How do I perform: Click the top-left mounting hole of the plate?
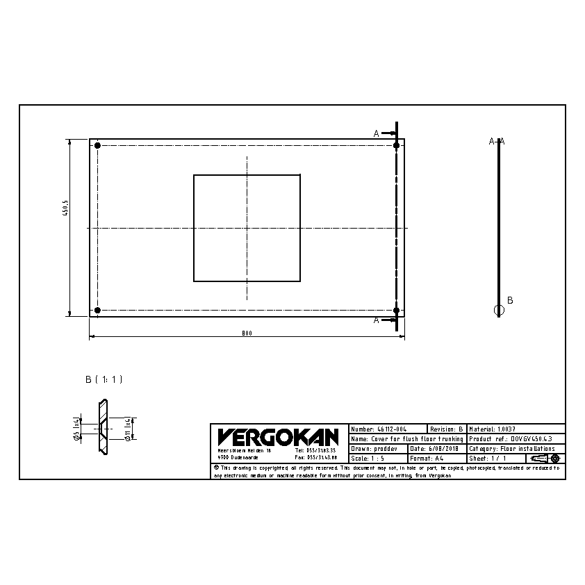tap(97, 146)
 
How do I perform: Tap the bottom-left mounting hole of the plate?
tap(97, 310)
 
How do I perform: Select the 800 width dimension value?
tap(247, 333)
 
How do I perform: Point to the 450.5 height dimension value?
tap(65, 208)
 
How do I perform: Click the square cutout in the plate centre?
tap(247, 228)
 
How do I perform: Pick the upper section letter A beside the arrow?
tap(377, 133)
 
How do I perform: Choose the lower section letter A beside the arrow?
tap(377, 320)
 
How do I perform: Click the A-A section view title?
tap(497, 141)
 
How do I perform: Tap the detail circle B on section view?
tap(498, 310)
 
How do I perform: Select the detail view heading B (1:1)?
tap(104, 379)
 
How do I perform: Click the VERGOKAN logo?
tap(278, 437)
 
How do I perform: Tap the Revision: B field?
tap(446, 429)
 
